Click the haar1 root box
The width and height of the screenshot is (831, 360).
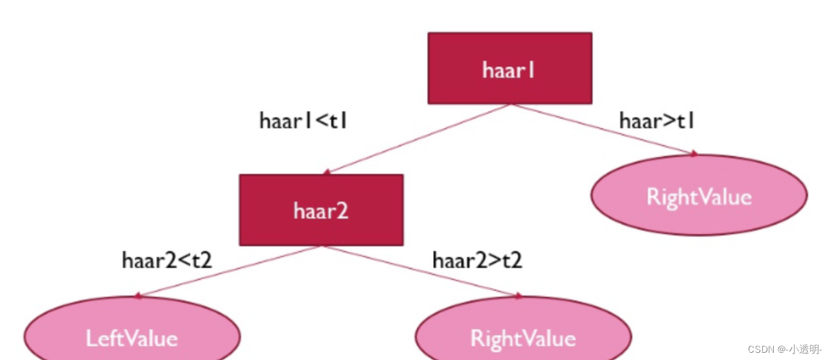pyautogui.click(x=509, y=68)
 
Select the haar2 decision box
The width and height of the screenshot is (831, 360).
pyautogui.click(x=321, y=210)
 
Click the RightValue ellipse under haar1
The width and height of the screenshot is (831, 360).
pyautogui.click(x=699, y=196)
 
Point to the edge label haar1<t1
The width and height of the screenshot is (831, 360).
pyautogui.click(x=303, y=121)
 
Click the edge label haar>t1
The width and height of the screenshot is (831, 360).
pyautogui.click(x=657, y=121)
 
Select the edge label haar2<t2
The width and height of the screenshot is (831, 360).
pyautogui.click(x=167, y=261)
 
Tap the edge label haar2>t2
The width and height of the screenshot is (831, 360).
pyautogui.click(x=477, y=261)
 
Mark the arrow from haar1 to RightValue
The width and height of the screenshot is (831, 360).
pyautogui.click(x=605, y=129)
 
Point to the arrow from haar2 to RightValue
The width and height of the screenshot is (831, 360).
pyautogui.click(x=422, y=271)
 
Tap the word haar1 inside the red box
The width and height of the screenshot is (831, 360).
pyautogui.click(x=509, y=70)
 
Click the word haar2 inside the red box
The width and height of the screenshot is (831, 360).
pyautogui.click(x=320, y=211)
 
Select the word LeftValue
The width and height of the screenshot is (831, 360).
pyautogui.click(x=132, y=338)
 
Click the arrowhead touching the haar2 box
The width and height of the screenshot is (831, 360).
pyautogui.click(x=326, y=172)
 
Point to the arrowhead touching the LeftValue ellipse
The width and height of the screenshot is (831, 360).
pyautogui.click(x=138, y=296)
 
